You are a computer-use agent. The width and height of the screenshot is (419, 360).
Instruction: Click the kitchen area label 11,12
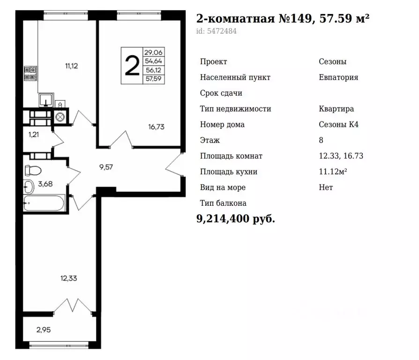(x=71, y=66)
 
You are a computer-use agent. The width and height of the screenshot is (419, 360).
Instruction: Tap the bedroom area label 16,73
(x=156, y=127)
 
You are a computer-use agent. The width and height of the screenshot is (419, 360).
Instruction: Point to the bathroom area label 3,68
(x=45, y=184)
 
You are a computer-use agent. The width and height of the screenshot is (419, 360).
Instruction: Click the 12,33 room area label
(x=68, y=278)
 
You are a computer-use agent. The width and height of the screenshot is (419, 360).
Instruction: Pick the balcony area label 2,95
(x=43, y=330)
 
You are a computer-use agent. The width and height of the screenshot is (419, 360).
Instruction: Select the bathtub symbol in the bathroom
(x=45, y=203)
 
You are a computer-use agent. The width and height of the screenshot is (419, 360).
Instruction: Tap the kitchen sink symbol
(x=45, y=100)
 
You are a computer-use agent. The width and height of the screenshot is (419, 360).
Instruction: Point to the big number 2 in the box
(x=132, y=66)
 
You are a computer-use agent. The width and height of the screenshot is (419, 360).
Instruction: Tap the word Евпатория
(x=338, y=77)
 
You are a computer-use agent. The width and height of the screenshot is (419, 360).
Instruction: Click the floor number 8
(x=321, y=140)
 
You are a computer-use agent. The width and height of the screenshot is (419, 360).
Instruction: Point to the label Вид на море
(x=223, y=187)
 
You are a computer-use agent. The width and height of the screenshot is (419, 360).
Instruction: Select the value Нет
(x=326, y=187)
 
